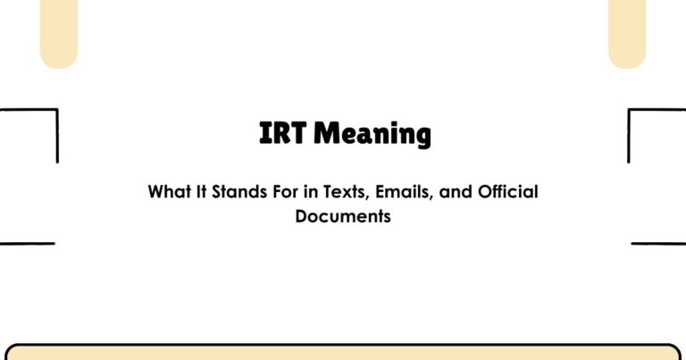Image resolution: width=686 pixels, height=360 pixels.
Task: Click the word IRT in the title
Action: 282,135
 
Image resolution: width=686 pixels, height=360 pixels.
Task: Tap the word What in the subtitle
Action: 167,192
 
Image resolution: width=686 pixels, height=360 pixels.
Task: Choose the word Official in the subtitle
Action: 509,192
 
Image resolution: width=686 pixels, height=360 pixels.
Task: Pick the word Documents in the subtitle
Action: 343,216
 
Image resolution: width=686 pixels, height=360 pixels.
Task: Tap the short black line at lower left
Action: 27,243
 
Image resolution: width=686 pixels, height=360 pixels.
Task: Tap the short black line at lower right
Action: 658,243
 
